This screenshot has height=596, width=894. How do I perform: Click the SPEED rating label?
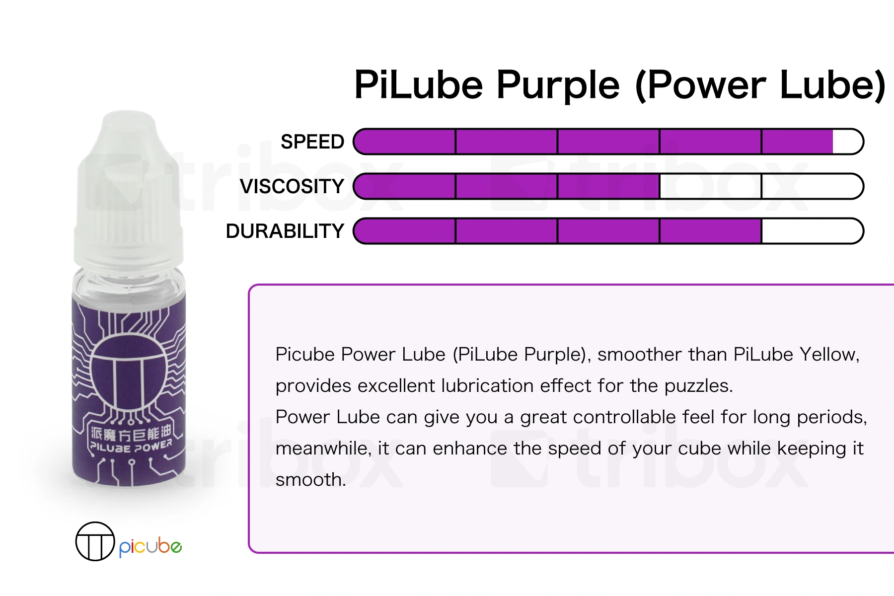pyautogui.click(x=312, y=142)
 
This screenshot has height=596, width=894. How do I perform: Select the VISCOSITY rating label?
pyautogui.click(x=292, y=187)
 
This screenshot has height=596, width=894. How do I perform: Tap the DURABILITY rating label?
pyautogui.click(x=285, y=231)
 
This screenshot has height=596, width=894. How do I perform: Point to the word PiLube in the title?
pyautogui.click(x=419, y=84)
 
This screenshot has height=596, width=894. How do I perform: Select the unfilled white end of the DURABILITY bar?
pyautogui.click(x=812, y=231)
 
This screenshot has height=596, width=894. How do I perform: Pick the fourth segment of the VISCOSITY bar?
pyautogui.click(x=710, y=186)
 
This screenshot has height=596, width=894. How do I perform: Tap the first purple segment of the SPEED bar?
pyautogui.click(x=405, y=142)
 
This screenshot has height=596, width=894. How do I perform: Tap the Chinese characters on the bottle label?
pyautogui.click(x=131, y=434)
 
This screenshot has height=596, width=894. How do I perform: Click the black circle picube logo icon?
pyautogui.click(x=95, y=541)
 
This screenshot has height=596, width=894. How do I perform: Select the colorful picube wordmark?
pyautogui.click(x=150, y=547)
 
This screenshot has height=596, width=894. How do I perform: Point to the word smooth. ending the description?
pyautogui.click(x=310, y=479)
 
